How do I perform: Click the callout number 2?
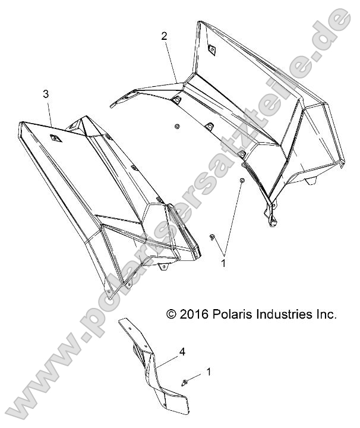164,36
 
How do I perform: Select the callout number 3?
46,94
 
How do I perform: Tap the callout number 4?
182,351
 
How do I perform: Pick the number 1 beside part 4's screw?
209,372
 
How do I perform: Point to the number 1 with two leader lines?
223,263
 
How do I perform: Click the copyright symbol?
171,314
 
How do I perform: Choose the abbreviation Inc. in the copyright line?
327,314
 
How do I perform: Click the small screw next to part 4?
184,382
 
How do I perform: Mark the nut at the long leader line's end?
242,181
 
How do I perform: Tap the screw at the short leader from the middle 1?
211,237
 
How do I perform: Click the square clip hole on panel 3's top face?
56,138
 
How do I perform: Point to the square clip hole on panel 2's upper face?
211,49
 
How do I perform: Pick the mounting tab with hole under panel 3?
163,267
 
